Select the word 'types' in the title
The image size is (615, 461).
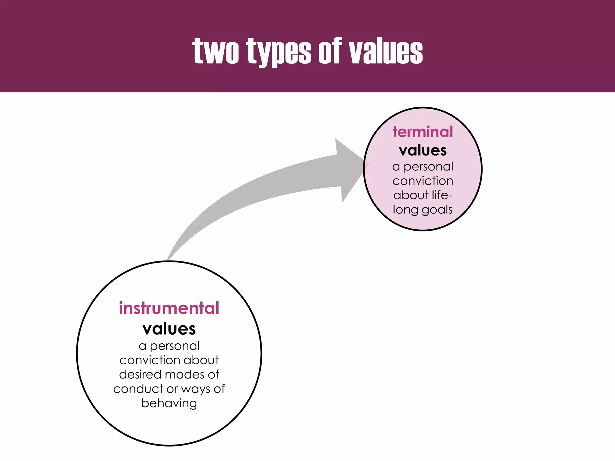279,52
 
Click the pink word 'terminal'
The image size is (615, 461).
423,132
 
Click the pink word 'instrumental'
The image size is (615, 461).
169,308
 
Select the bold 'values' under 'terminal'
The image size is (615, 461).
423,150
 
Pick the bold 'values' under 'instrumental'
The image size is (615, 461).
169,329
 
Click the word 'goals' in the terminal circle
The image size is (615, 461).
437,210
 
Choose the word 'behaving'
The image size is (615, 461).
169,403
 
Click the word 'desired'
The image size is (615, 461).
140,375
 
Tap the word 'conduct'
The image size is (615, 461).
138,389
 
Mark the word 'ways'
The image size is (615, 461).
196,389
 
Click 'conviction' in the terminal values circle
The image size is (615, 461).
423,181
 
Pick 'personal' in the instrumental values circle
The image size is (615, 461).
174,346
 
